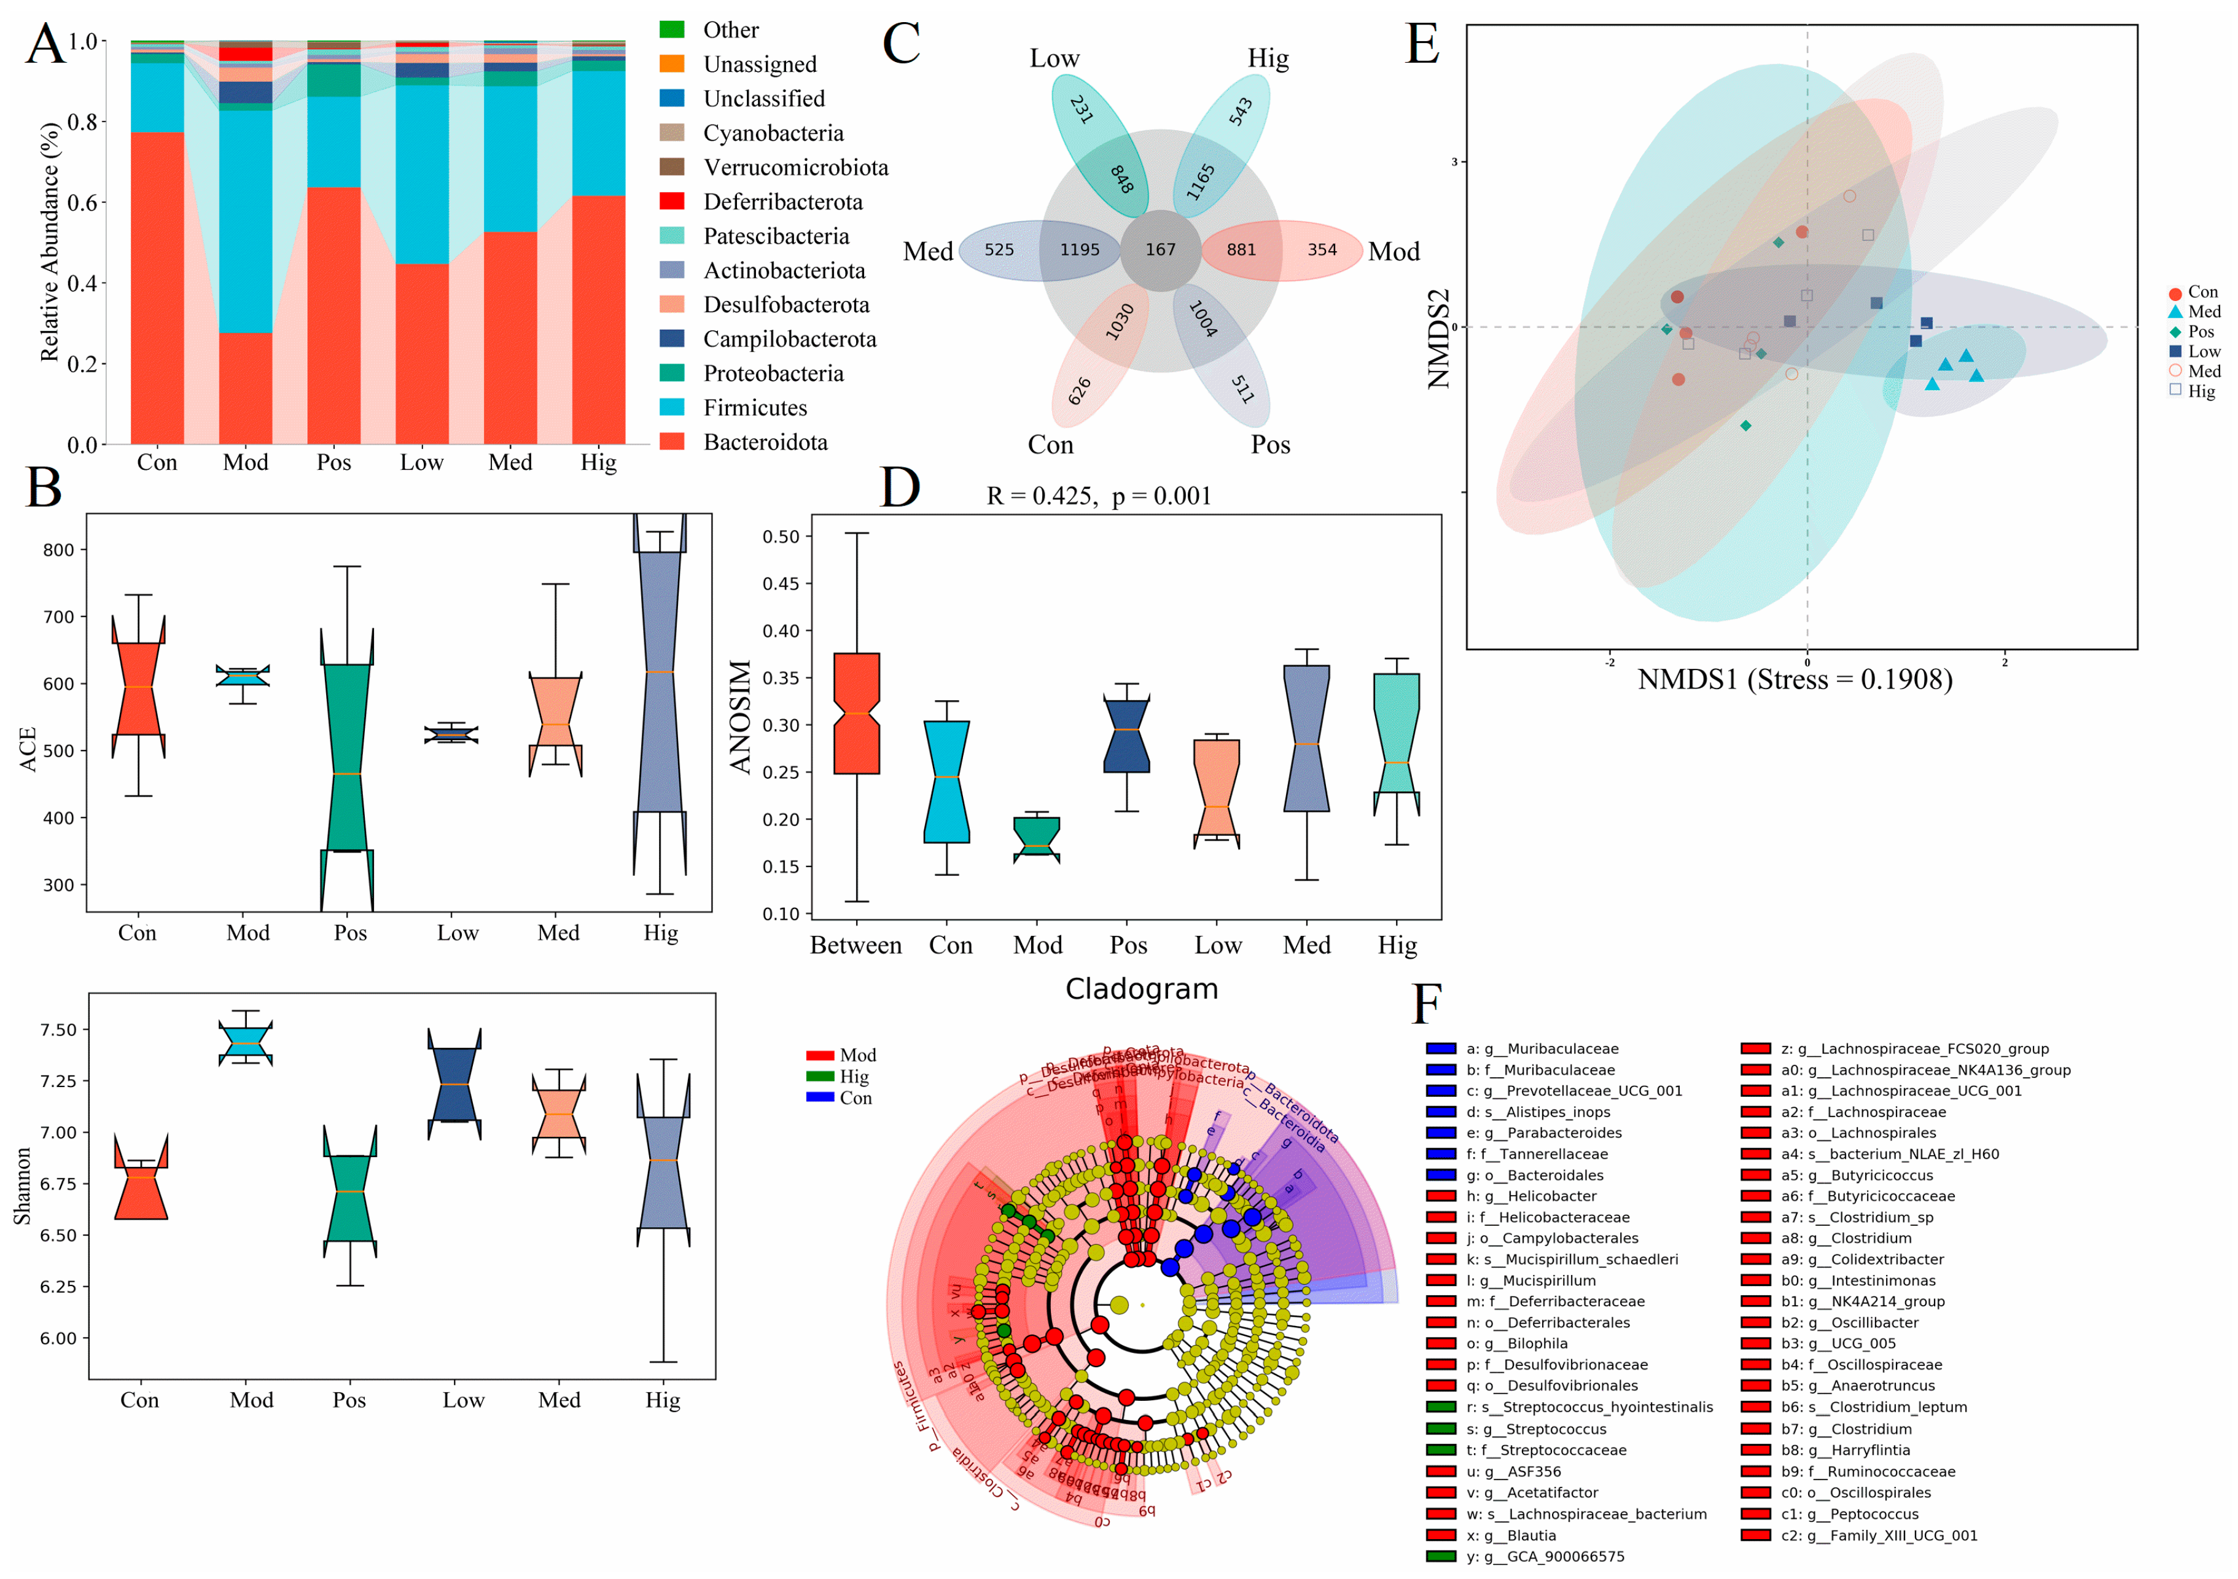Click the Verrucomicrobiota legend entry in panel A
pyautogui.click(x=795, y=168)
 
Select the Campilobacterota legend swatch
pyautogui.click(x=672, y=339)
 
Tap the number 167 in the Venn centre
pyautogui.click(x=1160, y=249)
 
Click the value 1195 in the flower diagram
pyautogui.click(x=1079, y=249)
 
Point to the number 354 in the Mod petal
pyautogui.click(x=1322, y=249)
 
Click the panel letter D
pyautogui.click(x=899, y=488)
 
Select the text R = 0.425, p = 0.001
pyautogui.click(x=1099, y=496)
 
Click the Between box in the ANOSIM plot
pyautogui.click(x=857, y=714)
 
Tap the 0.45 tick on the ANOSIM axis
pyautogui.click(x=780, y=584)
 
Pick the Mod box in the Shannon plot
pyautogui.click(x=246, y=1042)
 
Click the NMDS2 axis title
pyautogui.click(x=1439, y=339)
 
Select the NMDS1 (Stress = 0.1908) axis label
pyautogui.click(x=1795, y=679)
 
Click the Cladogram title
pyautogui.click(x=1142, y=989)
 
